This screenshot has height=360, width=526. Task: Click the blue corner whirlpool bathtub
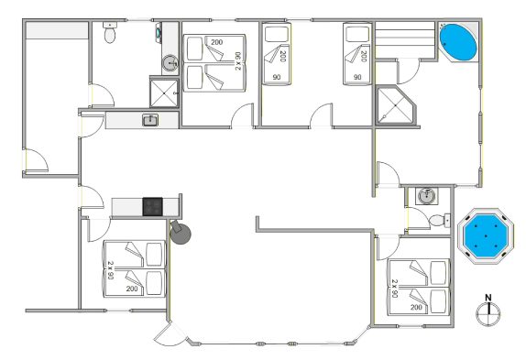(458, 42)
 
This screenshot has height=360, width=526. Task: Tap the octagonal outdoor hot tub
(486, 236)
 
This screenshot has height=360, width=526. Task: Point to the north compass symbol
(488, 313)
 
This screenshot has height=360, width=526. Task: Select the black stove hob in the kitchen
(153, 206)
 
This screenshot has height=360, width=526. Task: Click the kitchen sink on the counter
(150, 120)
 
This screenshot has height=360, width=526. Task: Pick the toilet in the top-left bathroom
(109, 32)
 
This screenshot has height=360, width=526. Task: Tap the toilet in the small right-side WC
(440, 220)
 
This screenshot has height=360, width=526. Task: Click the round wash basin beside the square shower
(170, 62)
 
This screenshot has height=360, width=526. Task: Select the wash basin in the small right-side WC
(426, 196)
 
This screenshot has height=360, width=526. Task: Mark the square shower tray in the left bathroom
(164, 93)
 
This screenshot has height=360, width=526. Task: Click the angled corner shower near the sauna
(396, 105)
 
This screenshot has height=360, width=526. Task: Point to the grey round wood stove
(181, 233)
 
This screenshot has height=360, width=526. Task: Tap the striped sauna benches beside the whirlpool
(405, 40)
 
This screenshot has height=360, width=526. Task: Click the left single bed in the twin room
(277, 54)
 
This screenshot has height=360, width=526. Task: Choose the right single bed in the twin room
(357, 54)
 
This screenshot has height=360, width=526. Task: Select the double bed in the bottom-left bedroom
(135, 268)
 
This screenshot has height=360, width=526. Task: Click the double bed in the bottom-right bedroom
(419, 287)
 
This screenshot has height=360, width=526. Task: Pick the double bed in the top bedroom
(214, 62)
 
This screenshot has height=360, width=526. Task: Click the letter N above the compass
(488, 298)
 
